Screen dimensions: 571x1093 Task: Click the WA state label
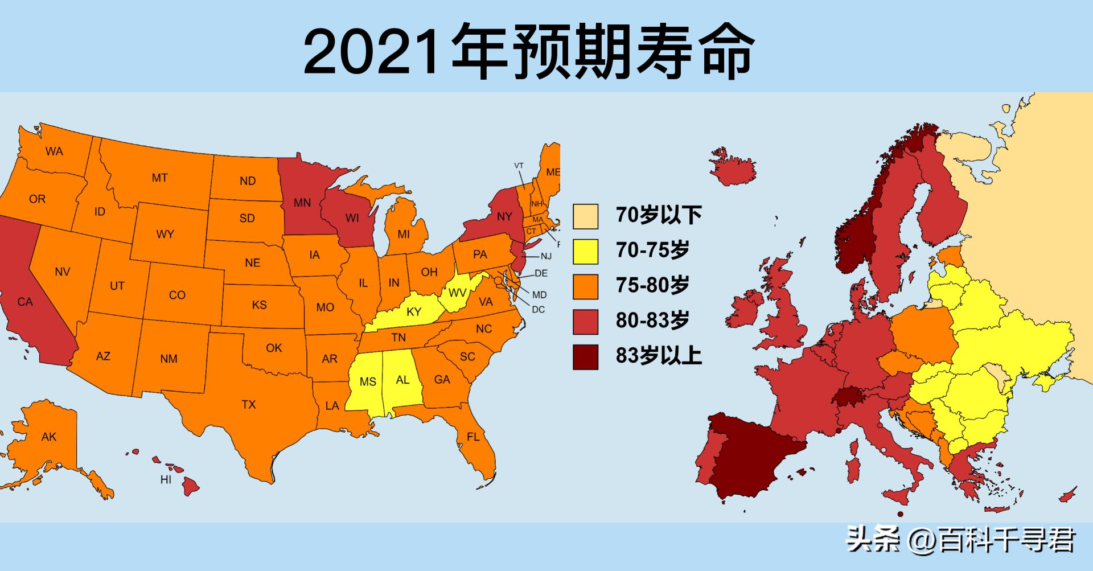tap(54, 151)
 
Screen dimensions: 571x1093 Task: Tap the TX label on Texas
tap(249, 405)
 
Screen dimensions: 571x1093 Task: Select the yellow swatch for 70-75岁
tap(585, 252)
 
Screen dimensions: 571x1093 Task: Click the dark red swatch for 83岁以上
tap(585, 357)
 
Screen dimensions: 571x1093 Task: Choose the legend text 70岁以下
tap(659, 215)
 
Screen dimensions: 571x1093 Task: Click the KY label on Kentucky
tap(414, 312)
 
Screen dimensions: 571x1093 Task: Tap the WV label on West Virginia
tap(457, 293)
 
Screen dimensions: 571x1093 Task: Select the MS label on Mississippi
tap(368, 381)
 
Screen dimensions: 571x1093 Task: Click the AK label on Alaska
tap(49, 437)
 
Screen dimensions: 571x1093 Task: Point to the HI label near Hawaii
tap(166, 480)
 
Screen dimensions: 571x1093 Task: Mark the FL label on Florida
tap(473, 437)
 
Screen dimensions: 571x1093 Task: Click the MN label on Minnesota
tap(302, 202)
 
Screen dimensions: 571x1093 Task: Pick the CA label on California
tap(25, 302)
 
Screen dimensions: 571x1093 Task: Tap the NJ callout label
tap(546, 256)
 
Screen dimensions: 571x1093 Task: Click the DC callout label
tap(538, 310)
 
